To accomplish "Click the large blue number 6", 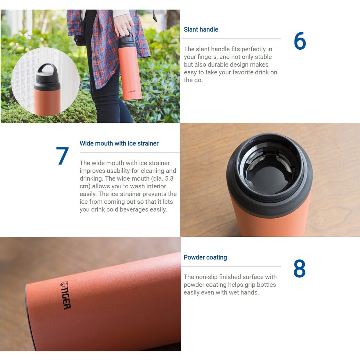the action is pyautogui.click(x=300, y=41).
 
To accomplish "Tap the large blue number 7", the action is pyautogui.click(x=62, y=156).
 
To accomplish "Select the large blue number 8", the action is pyautogui.click(x=299, y=268).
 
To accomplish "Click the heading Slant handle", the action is pyautogui.click(x=201, y=29).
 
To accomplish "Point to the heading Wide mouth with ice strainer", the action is pyautogui.click(x=119, y=143).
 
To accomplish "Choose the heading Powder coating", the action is pyautogui.click(x=205, y=258).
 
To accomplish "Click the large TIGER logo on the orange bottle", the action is pyautogui.click(x=65, y=295).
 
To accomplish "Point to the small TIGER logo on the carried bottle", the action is pyautogui.click(x=132, y=92).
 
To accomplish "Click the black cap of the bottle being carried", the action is pyautogui.click(x=127, y=42).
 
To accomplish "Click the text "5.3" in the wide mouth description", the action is pyautogui.click(x=169, y=178).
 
